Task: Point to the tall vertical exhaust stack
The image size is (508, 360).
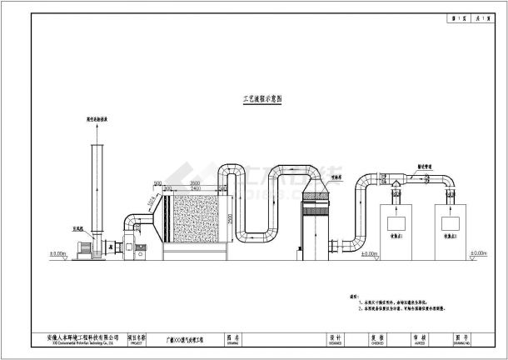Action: (96, 192)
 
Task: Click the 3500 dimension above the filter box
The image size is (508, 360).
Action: (193, 182)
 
